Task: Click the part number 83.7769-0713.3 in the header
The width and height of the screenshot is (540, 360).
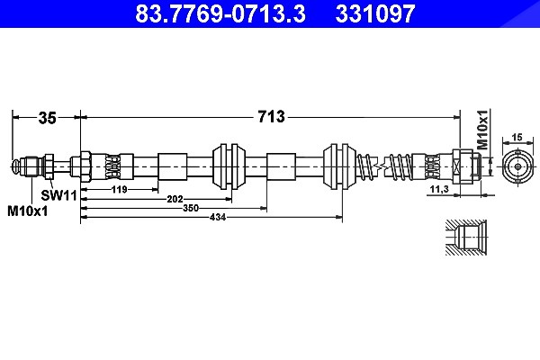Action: (220, 13)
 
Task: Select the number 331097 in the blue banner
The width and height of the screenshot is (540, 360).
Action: (375, 13)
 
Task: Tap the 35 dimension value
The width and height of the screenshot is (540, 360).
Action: (47, 118)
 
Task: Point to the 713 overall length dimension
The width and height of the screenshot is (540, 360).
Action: (272, 116)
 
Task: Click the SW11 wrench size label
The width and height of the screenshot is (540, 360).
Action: (58, 195)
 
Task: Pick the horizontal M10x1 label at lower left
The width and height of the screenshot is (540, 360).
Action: (28, 211)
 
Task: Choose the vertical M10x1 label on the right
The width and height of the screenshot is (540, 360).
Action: (483, 130)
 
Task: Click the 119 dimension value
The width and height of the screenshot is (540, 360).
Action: (120, 189)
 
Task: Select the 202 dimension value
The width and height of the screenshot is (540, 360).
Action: (175, 199)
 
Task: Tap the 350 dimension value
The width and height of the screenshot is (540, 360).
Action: (191, 208)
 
